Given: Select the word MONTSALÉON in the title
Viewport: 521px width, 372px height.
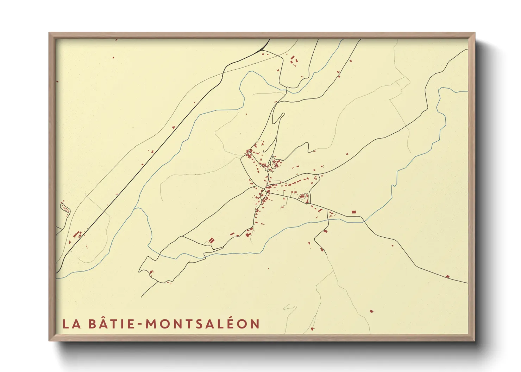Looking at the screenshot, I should click(x=202, y=323).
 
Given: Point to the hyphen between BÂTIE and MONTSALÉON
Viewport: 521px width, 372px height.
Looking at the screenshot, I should click(x=140, y=324).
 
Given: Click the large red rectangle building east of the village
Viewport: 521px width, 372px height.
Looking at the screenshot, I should click(x=354, y=212).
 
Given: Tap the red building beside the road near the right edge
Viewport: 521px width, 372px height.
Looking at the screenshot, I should click(x=447, y=276).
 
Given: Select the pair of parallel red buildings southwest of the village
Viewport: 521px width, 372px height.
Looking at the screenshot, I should click(x=211, y=240).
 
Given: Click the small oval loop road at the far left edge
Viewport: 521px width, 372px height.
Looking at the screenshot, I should click(x=65, y=209).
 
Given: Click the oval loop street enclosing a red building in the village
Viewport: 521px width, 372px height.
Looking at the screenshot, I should click(x=303, y=197).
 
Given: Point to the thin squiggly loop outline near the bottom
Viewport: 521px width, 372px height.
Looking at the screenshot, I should click(x=289, y=308).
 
